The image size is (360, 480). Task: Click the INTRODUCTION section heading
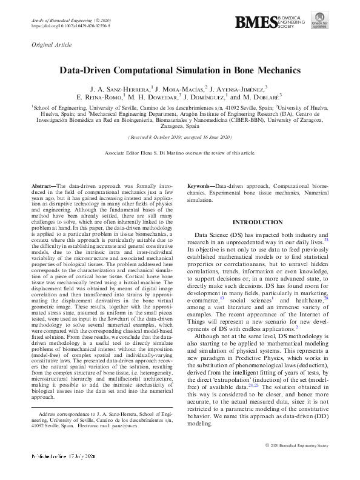pos(257,222)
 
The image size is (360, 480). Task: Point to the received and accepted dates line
pos(179,138)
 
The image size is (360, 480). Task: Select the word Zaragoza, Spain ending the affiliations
pos(179,128)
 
